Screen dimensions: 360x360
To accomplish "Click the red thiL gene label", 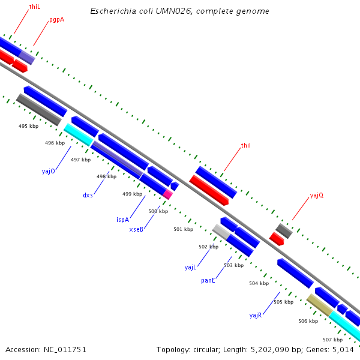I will (35, 7).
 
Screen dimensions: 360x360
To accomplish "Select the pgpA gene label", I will (56, 20).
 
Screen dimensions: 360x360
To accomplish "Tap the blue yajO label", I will (49, 171).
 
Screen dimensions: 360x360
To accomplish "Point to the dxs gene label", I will (88, 196).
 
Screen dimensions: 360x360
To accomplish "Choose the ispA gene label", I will (122, 220).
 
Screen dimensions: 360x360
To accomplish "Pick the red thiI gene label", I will (245, 146).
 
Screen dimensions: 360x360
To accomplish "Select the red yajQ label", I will (316, 196).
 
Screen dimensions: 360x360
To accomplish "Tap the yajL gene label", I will (191, 267).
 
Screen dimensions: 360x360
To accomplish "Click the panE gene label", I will (208, 280).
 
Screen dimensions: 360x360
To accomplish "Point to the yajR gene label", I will (256, 315).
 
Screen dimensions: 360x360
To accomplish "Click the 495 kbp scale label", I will (28, 126).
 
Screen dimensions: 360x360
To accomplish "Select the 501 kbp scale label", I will (183, 229).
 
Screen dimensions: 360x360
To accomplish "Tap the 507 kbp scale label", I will (332, 340).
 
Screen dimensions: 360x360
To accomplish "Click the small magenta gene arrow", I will (167, 194).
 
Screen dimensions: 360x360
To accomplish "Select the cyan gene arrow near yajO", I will (78, 134).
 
